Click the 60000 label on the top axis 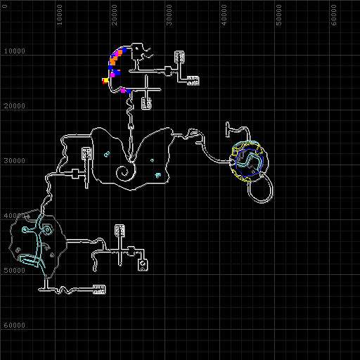click(334, 15)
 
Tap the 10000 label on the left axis click(15, 51)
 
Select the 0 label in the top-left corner click(5, 6)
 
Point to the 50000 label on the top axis click(278, 15)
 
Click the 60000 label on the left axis click(15, 326)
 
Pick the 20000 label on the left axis click(15, 106)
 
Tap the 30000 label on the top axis click(169, 15)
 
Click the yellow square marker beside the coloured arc click(106, 80)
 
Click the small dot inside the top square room click(136, 49)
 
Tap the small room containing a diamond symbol click(143, 265)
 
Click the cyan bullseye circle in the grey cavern click(47, 230)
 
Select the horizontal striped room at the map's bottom click(99, 290)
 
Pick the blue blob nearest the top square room click(124, 50)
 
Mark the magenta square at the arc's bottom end click(123, 90)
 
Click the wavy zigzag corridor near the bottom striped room click(64, 290)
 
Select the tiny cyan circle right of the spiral click(152, 160)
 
